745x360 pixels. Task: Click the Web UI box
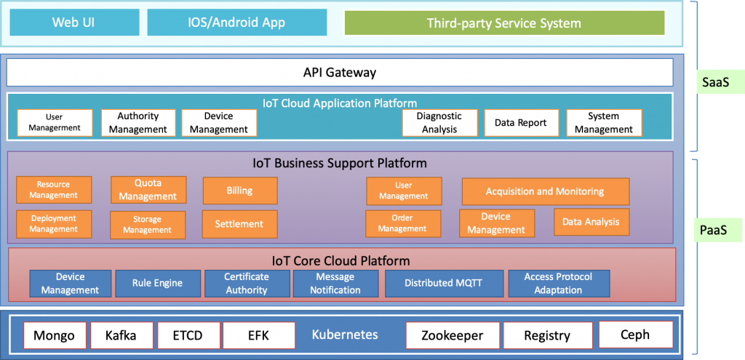(x=74, y=23)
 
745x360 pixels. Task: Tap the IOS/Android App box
(x=237, y=23)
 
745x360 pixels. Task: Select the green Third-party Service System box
(x=504, y=23)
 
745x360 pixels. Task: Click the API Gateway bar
(x=340, y=72)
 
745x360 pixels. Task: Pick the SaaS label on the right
(x=716, y=82)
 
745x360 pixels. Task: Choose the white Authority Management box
(x=138, y=122)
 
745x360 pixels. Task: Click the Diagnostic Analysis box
(x=439, y=122)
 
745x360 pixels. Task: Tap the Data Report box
(x=521, y=122)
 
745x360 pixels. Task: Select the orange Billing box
(x=240, y=191)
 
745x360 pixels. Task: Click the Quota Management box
(x=148, y=190)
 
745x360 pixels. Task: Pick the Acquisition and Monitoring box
(x=546, y=191)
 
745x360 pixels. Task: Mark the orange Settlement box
(x=239, y=224)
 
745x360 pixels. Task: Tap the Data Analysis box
(x=591, y=222)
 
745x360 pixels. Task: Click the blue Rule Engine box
(x=157, y=284)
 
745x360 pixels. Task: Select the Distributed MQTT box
(x=444, y=284)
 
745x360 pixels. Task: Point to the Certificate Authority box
(x=247, y=284)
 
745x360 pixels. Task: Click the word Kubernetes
(x=345, y=335)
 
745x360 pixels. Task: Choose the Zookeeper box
(x=453, y=336)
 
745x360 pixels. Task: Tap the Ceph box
(x=636, y=335)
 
